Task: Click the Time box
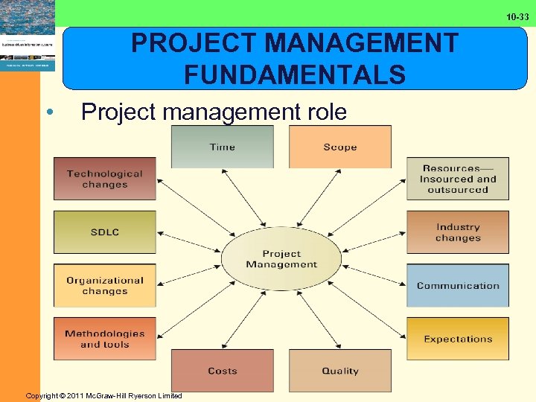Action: (222, 147)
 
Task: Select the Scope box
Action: (340, 147)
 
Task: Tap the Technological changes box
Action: (104, 179)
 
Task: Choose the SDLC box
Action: (104, 232)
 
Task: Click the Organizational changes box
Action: (104, 286)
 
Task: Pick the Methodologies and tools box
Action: (104, 339)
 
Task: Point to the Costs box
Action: (222, 371)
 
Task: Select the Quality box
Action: (340, 371)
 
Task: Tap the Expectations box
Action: (458, 339)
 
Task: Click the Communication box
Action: (458, 286)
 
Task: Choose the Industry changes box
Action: (458, 232)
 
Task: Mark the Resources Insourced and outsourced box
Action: (458, 179)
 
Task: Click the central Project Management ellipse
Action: (281, 258)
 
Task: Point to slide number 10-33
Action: (517, 16)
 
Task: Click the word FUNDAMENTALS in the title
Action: (295, 74)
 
